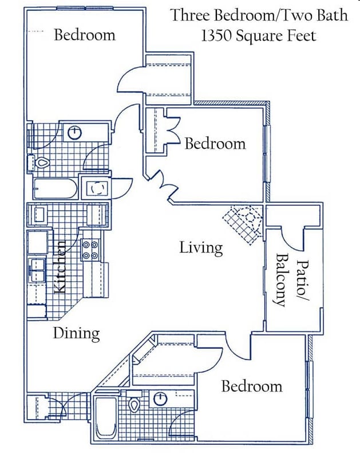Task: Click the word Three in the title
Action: tap(190, 15)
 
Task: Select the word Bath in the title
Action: tap(330, 15)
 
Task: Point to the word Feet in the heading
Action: tap(302, 35)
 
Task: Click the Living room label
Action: tap(200, 248)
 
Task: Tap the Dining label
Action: tap(77, 333)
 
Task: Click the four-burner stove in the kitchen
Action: tap(90, 250)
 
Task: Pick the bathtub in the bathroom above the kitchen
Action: tap(54, 188)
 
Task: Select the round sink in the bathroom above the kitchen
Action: tap(75, 133)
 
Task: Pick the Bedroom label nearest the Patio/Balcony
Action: tap(252, 386)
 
